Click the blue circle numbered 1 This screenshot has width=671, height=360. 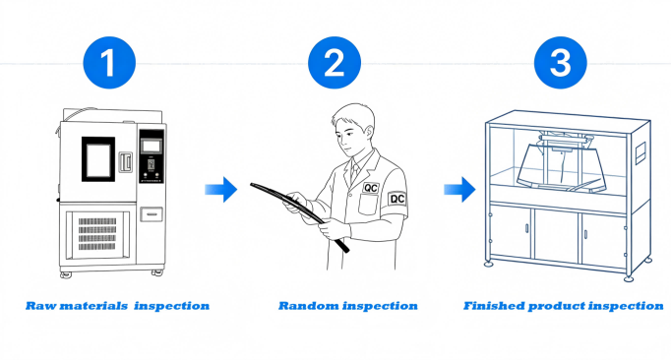pyautogui.click(x=110, y=63)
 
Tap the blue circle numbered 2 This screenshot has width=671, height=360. pyautogui.click(x=335, y=63)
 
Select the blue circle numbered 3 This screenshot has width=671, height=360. pyautogui.click(x=559, y=63)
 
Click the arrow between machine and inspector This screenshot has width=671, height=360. pyautogui.click(x=222, y=189)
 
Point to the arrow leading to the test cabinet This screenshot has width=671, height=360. pyautogui.click(x=452, y=189)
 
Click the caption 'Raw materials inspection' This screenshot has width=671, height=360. pyautogui.click(x=117, y=306)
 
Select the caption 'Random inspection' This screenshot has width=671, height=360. pyautogui.click(x=347, y=306)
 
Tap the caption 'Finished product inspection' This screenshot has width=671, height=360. pyautogui.click(x=563, y=306)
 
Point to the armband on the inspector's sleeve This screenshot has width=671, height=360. pyautogui.click(x=397, y=198)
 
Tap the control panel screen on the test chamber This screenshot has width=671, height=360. pyautogui.click(x=151, y=146)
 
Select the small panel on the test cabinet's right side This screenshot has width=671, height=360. pyautogui.click(x=637, y=151)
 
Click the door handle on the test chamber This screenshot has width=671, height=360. pyautogui.click(x=124, y=161)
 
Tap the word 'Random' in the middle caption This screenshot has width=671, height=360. pyautogui.click(x=305, y=306)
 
